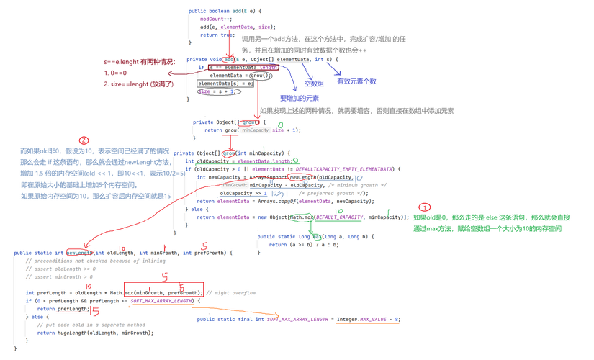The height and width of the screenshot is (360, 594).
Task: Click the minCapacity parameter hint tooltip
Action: coord(256,131)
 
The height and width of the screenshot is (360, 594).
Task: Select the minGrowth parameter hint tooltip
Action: coord(233,184)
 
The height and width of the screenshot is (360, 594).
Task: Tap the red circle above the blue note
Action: coord(83,140)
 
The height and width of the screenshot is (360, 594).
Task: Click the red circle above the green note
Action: coord(424,206)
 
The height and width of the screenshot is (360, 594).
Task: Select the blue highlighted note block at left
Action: coord(95,173)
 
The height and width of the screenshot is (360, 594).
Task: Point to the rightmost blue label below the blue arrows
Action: coord(356,81)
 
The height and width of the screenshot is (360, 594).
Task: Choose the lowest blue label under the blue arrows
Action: coord(298,99)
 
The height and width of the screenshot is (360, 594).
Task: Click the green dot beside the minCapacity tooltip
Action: coord(280,125)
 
